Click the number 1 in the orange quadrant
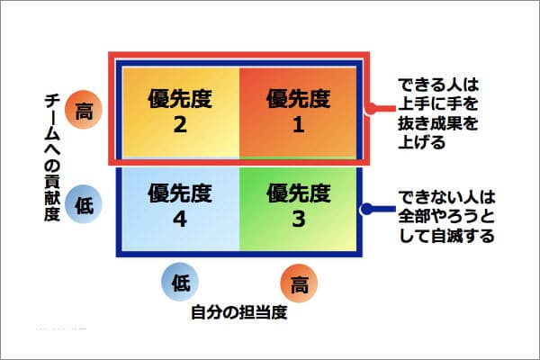click(x=298, y=124)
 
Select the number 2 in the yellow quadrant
click(x=180, y=124)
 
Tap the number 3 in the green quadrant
click(x=299, y=219)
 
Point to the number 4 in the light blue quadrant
click(x=180, y=219)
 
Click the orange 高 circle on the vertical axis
click(x=84, y=110)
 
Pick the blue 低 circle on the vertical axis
click(x=84, y=204)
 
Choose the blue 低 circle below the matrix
click(x=180, y=282)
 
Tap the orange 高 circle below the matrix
click(x=299, y=283)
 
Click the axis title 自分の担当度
click(x=239, y=312)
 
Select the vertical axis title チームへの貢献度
click(x=52, y=157)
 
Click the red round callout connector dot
click(x=371, y=109)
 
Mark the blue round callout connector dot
click(x=367, y=209)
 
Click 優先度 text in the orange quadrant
click(x=299, y=98)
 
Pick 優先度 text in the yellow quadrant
click(x=180, y=98)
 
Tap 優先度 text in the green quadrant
click(x=299, y=193)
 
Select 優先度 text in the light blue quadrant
click(x=180, y=193)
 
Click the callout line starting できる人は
click(x=438, y=85)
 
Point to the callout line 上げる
click(x=422, y=142)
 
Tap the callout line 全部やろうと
click(x=446, y=216)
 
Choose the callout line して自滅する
click(x=446, y=236)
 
